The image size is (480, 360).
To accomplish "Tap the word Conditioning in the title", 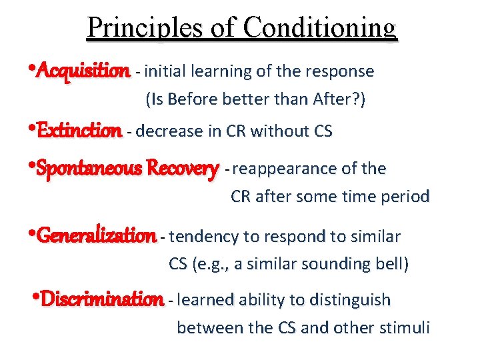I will click(320, 29).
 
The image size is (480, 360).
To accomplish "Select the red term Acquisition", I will click(84, 70).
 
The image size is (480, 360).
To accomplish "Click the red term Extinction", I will click(79, 131).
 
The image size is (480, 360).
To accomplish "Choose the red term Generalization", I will click(97, 235).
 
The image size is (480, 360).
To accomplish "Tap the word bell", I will click(391, 264).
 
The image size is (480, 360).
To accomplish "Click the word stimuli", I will click(407, 328).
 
